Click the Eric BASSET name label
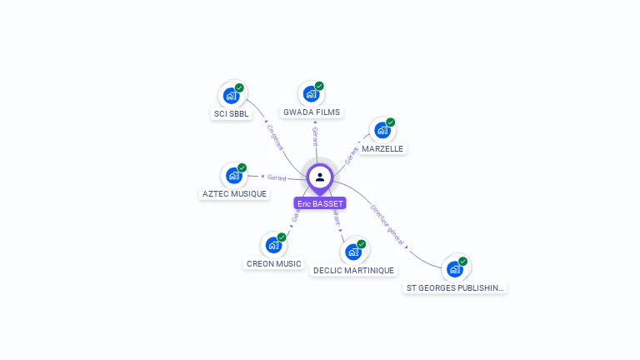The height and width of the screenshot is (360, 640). click(x=320, y=203)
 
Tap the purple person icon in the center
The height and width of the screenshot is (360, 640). click(x=320, y=177)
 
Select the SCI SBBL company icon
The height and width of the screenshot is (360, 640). click(x=232, y=95)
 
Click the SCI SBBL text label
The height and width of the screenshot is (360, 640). click(x=231, y=114)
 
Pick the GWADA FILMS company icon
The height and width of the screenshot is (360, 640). click(x=312, y=93)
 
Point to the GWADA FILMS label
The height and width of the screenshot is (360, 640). click(x=312, y=112)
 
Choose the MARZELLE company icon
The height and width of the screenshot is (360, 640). click(x=382, y=130)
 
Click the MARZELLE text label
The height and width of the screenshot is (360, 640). click(x=382, y=149)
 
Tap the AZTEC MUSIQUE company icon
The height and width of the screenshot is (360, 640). click(x=234, y=175)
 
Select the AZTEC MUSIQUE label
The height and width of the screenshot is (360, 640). click(x=235, y=194)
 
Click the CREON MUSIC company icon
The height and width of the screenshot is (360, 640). click(x=273, y=245)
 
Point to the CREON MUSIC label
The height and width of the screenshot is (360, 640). click(x=273, y=264)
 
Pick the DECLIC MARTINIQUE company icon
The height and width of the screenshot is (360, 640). click(x=353, y=251)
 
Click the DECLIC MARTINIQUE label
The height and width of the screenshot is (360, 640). click(x=354, y=271)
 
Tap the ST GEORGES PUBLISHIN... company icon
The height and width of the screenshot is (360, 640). click(x=455, y=268)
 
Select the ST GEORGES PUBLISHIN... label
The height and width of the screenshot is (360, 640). click(x=455, y=288)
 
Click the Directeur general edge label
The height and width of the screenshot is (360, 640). click(x=388, y=225)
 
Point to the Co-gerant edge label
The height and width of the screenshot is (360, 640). click(x=275, y=137)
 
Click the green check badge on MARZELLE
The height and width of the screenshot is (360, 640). click(x=390, y=122)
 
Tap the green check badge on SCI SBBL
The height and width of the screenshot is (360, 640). click(x=239, y=87)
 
